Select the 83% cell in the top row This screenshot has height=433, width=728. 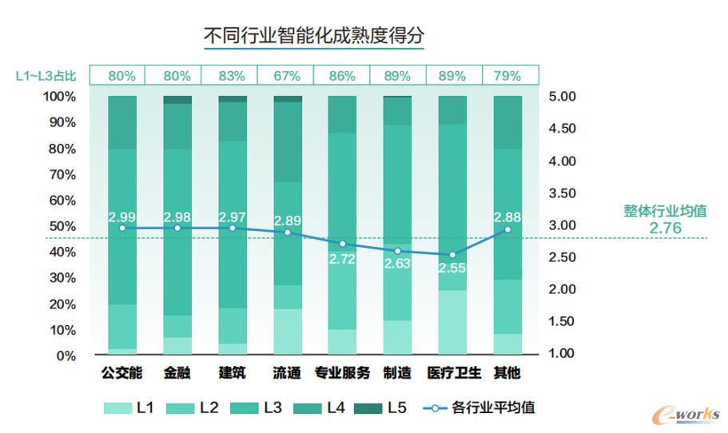[x=232, y=76]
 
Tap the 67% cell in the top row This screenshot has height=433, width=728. [x=287, y=76]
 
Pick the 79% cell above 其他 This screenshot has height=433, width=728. [x=507, y=76]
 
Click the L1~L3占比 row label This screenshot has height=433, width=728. [x=46, y=76]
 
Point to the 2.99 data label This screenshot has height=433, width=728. [x=121, y=217]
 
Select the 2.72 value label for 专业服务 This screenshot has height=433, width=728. [x=342, y=258]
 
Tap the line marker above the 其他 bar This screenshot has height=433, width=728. [x=507, y=229]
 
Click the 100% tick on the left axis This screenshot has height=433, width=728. [x=60, y=97]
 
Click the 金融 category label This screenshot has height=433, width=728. [x=177, y=372]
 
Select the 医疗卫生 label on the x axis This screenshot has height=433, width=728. [x=452, y=372]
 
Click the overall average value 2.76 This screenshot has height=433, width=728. [x=665, y=228]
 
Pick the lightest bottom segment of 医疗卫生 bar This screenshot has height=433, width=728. [x=452, y=322]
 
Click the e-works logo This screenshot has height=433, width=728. [x=685, y=414]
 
